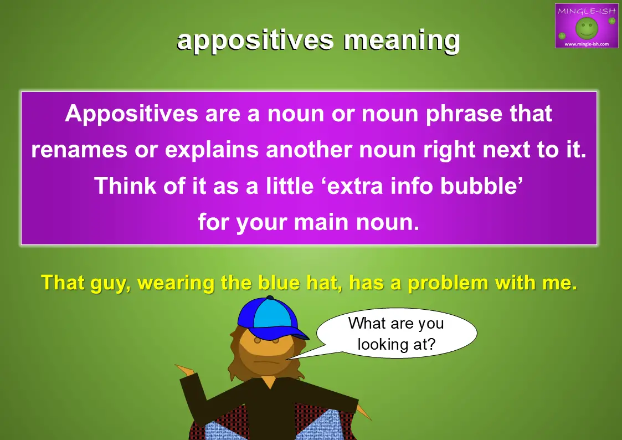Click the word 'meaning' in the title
(402, 41)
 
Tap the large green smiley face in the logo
(587, 28)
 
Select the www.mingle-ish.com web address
(587, 44)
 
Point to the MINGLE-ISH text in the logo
(587, 11)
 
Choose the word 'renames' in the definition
(79, 150)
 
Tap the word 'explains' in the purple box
(212, 151)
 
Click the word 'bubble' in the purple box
(481, 186)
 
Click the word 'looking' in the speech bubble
(382, 344)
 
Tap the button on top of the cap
(270, 298)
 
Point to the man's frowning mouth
(263, 362)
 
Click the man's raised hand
(185, 370)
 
